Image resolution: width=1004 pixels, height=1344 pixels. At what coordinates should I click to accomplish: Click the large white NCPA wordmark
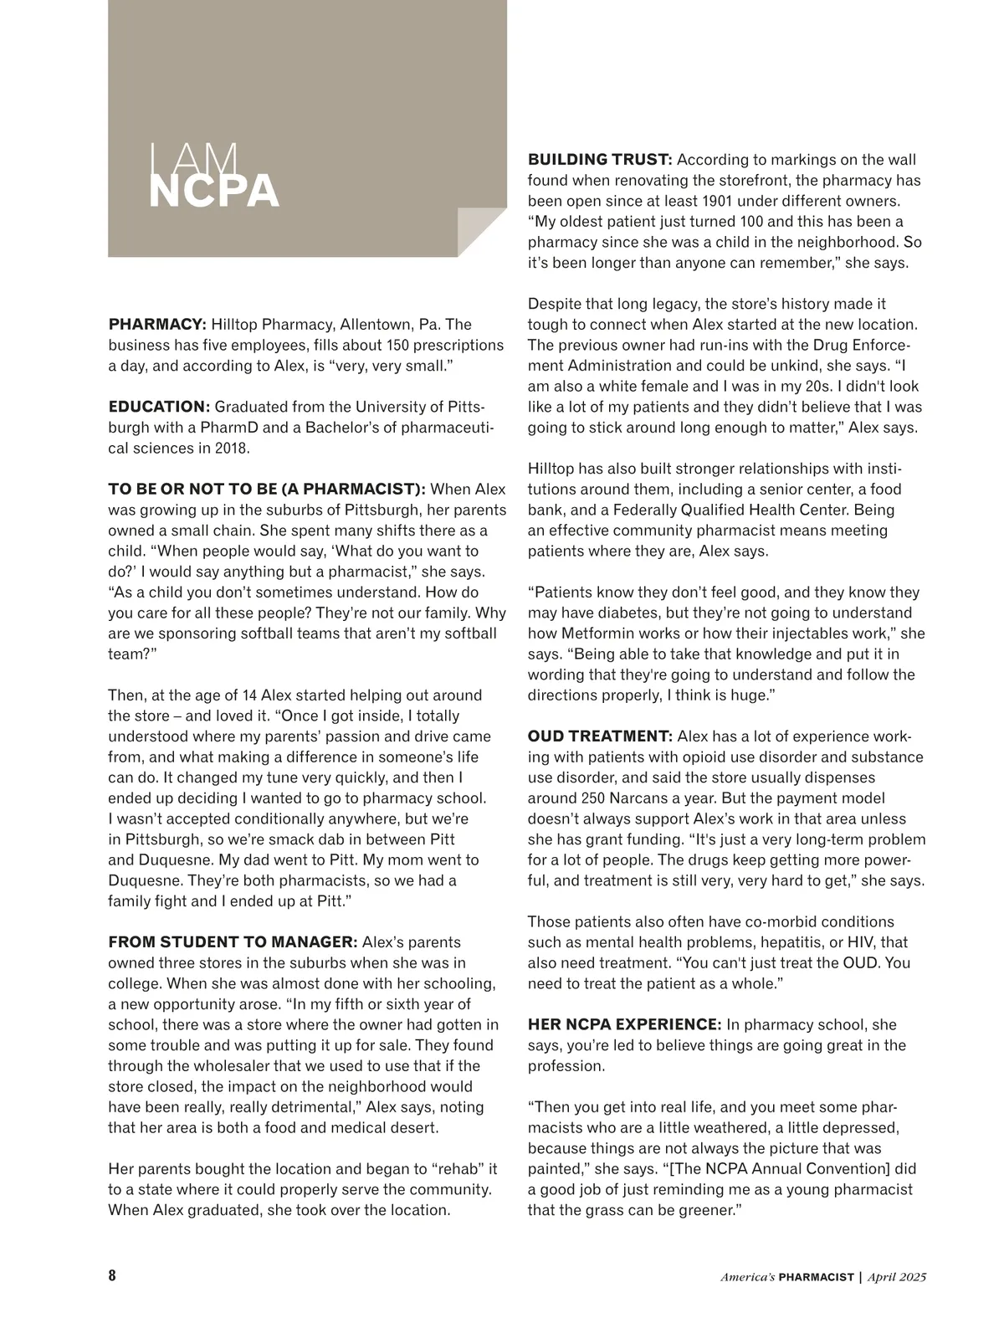pos(213,192)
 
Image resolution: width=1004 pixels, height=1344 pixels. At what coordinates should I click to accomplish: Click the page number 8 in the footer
pos(113,1276)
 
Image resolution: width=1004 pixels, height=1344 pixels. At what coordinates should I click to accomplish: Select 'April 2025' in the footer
pos(897,1277)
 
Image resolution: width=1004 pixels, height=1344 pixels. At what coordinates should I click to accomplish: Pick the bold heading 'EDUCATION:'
pos(159,407)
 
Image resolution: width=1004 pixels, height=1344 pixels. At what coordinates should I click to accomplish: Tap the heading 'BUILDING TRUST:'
pos(599,160)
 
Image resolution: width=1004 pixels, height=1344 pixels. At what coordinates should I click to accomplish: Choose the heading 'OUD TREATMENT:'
pos(599,736)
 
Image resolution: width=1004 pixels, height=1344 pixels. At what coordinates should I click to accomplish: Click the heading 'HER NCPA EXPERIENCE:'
pos(624,1024)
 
